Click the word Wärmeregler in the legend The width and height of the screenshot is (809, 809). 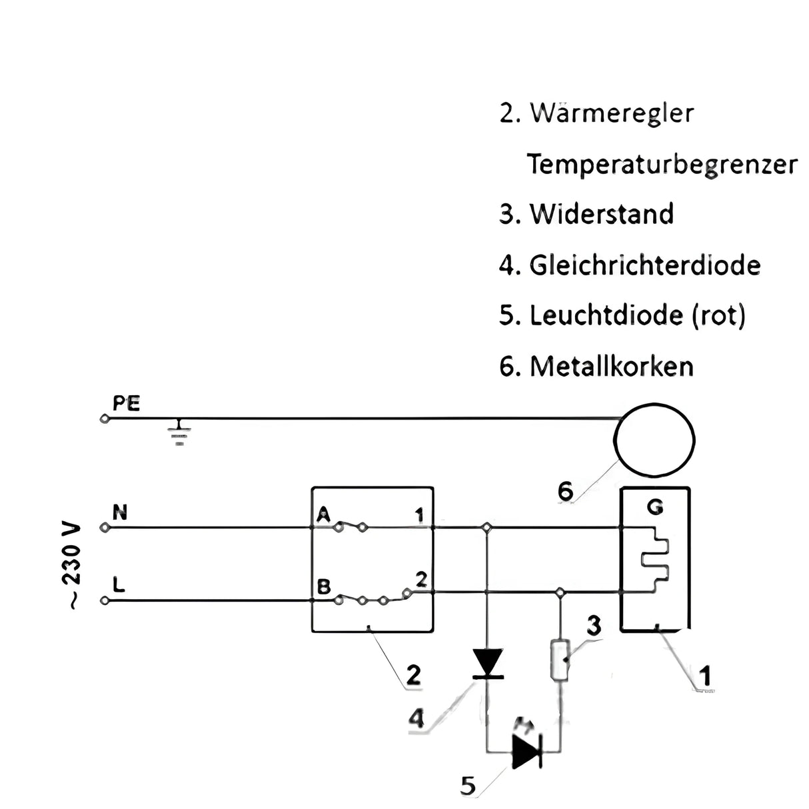point(611,113)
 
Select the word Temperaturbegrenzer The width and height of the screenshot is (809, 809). point(662,164)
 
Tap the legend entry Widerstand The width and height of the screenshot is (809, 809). point(601,214)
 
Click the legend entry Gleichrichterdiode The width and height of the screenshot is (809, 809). point(644,265)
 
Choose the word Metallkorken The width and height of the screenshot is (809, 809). point(611,367)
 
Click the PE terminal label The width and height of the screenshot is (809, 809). point(127,404)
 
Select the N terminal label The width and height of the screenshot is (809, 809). point(121,512)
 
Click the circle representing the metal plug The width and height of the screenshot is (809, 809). point(655,439)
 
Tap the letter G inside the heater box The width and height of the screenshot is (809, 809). point(655,508)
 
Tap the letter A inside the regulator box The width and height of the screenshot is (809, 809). point(324,514)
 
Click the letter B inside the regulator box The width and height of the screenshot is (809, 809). point(324,587)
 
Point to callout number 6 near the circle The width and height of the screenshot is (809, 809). point(565,491)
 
